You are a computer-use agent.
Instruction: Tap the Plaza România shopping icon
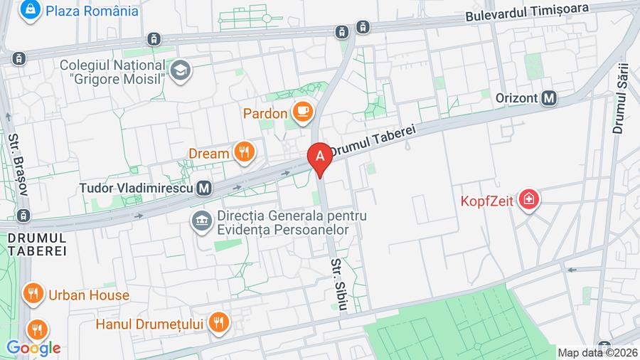pyautogui.click(x=30, y=11)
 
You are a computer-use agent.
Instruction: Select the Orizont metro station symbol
pyautogui.click(x=548, y=99)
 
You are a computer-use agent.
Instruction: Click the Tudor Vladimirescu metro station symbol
pyautogui.click(x=204, y=188)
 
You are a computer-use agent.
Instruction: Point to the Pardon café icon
pyautogui.click(x=302, y=112)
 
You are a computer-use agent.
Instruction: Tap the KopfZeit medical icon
pyautogui.click(x=528, y=199)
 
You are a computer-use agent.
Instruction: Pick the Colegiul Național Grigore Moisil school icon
pyautogui.click(x=181, y=70)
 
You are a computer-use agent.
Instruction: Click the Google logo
pyautogui.click(x=33, y=348)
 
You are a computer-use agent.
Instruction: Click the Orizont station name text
pyautogui.click(x=512, y=99)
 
